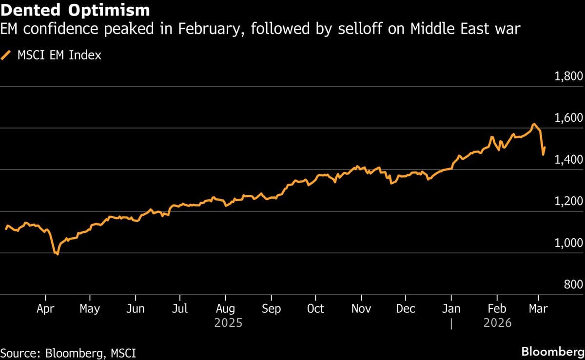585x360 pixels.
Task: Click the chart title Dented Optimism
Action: [75, 10]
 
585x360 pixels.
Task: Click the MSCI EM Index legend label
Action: [59, 55]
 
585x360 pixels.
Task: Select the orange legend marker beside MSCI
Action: [7, 55]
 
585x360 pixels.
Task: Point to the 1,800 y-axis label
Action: [569, 77]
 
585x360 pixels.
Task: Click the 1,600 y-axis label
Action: [569, 118]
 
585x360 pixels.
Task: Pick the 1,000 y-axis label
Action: [569, 243]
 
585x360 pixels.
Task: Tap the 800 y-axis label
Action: [573, 285]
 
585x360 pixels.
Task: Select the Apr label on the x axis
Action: [45, 309]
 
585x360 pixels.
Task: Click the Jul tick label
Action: [180, 309]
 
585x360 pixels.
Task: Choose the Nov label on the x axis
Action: [361, 309]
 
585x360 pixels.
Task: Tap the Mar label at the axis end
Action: [538, 309]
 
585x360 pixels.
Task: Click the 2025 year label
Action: [229, 322]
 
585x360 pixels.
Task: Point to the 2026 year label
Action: [497, 322]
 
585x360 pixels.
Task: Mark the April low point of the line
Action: [57, 254]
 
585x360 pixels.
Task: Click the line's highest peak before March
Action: [534, 124]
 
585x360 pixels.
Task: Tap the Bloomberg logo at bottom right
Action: [552, 352]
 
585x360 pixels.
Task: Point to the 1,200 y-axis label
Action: [569, 202]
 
